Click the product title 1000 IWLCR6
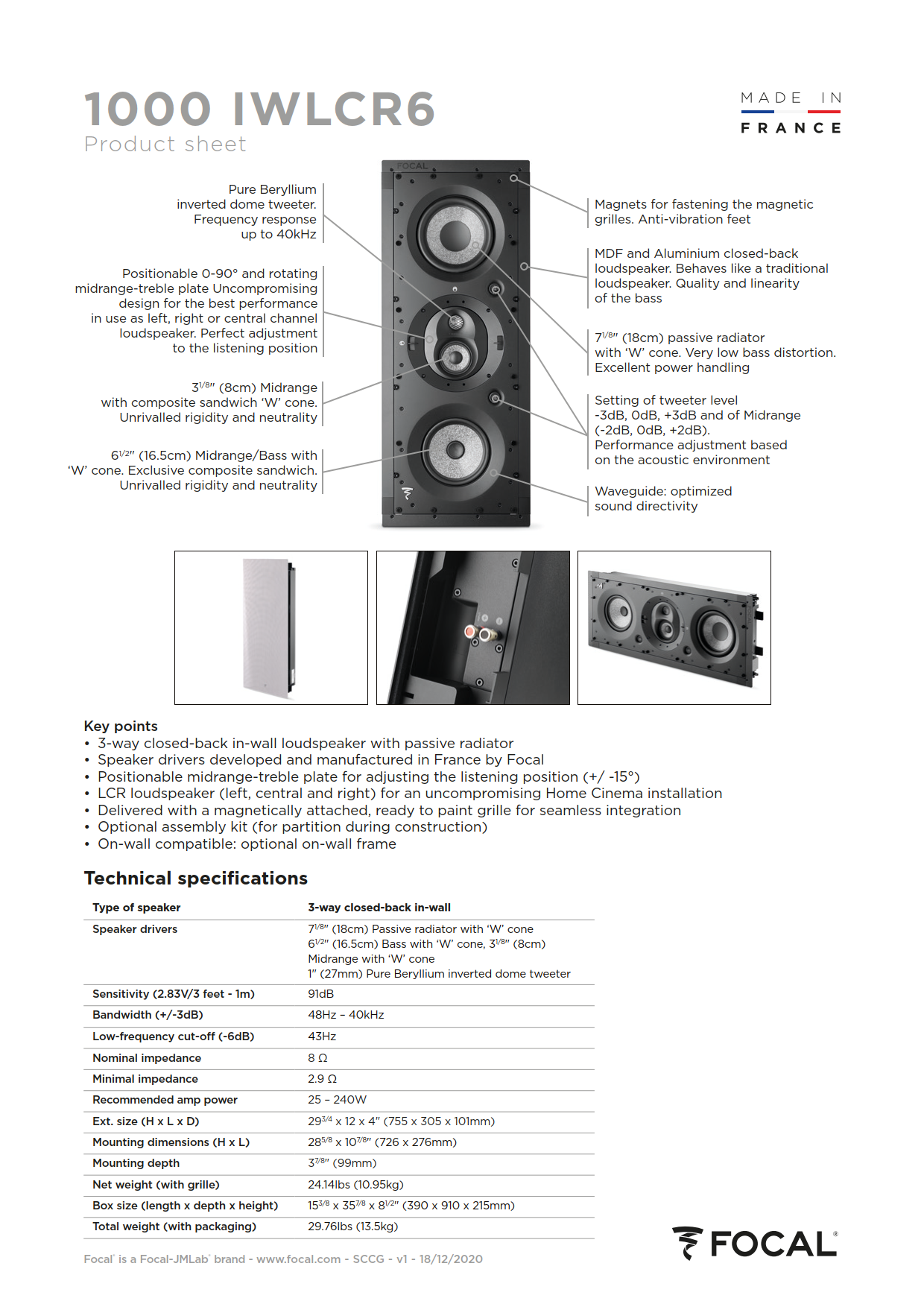[259, 110]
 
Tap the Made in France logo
[791, 113]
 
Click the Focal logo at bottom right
[755, 1244]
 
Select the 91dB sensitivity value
[321, 994]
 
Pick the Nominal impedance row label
[147, 1058]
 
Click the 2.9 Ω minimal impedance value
[322, 1079]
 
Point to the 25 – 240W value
[337, 1100]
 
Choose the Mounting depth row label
[136, 1163]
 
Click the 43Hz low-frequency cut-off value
[322, 1037]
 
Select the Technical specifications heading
[195, 879]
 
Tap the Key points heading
[121, 726]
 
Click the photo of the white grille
[270, 627]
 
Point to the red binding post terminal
[470, 632]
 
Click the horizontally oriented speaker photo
[674, 627]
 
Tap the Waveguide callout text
[662, 499]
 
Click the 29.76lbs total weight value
[352, 1227]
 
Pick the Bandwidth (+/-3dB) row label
[148, 1015]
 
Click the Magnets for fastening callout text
[703, 212]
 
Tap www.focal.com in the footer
[298, 1259]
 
